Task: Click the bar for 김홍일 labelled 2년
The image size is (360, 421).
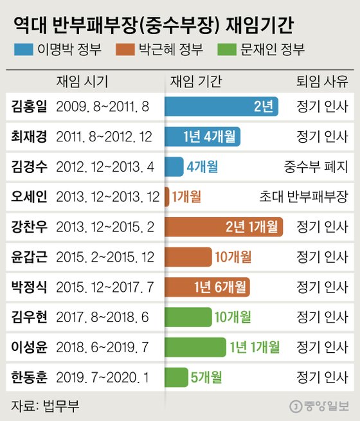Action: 221,106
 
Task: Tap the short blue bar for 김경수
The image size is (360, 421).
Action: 174,166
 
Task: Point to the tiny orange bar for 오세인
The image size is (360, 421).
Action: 167,197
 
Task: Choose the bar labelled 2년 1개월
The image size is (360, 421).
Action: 224,226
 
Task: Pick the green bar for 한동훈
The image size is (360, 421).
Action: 176,377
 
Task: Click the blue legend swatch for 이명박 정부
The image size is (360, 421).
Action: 26,49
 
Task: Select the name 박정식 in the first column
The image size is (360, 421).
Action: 30,287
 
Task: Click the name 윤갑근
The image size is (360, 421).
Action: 30,256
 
